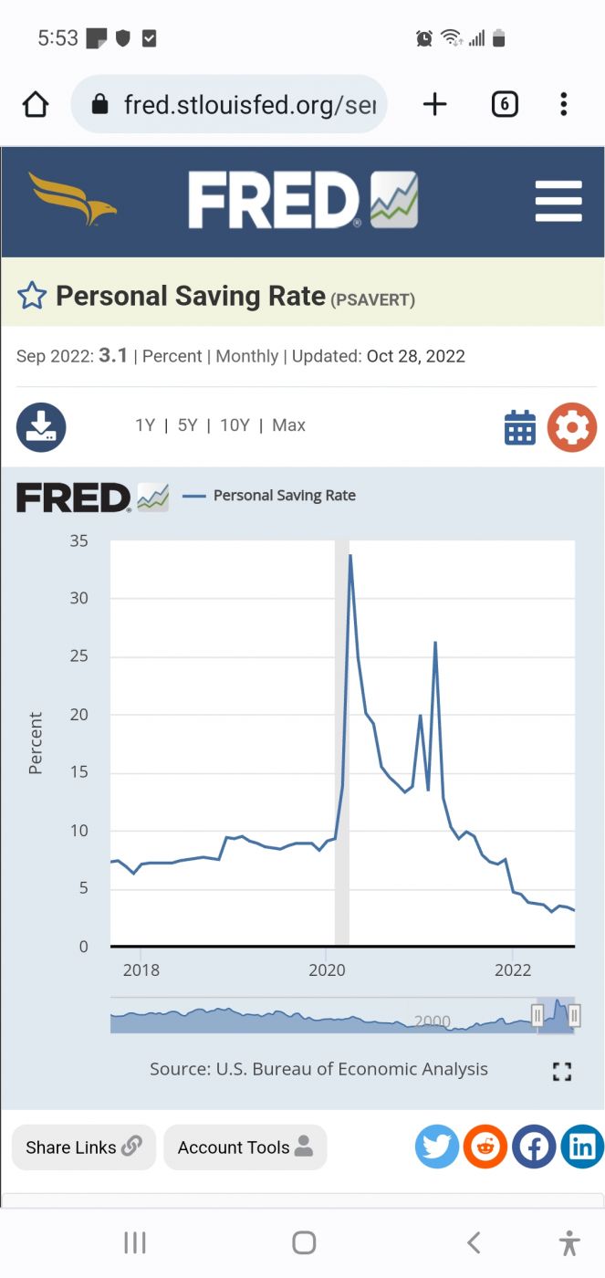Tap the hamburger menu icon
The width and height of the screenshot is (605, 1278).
tap(558, 201)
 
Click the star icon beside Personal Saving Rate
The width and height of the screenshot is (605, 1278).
tap(32, 296)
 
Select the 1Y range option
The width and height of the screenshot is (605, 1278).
tap(145, 425)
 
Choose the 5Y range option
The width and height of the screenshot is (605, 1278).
tap(187, 425)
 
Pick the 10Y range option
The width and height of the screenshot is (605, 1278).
tap(235, 425)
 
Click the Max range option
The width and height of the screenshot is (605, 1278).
tap(288, 425)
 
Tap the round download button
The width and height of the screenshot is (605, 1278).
tap(41, 427)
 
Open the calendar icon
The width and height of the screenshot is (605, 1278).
tap(520, 427)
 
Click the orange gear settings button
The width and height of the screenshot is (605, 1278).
tap(572, 427)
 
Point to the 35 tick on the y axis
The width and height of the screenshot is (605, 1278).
tap(79, 540)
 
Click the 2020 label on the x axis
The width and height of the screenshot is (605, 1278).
tap(327, 970)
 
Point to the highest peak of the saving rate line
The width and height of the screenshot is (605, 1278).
tap(350, 555)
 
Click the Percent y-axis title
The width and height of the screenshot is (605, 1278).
tap(36, 743)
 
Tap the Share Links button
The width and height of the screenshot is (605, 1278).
tap(84, 1147)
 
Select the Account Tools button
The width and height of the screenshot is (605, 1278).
tap(245, 1147)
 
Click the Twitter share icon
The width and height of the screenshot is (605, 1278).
tap(437, 1147)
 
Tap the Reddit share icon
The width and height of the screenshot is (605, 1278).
tap(485, 1147)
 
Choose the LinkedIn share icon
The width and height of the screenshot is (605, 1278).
tap(582, 1147)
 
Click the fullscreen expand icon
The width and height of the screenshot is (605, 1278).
tap(562, 1072)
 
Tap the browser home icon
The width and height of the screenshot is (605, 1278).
tap(36, 105)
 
